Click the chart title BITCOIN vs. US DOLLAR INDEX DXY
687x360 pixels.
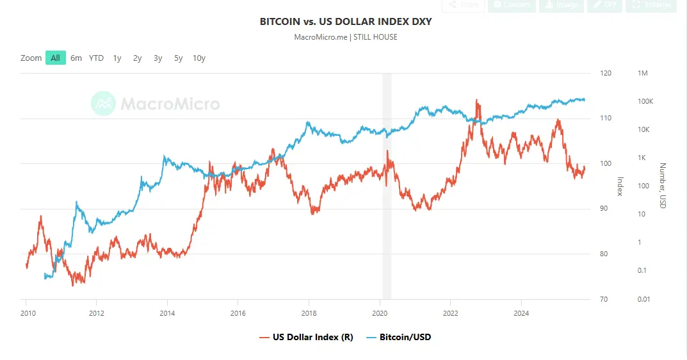pyautogui.click(x=346, y=22)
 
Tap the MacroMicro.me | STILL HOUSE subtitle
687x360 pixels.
pyautogui.click(x=346, y=37)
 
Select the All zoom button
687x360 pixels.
pyautogui.click(x=56, y=58)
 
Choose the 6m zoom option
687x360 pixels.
pyautogui.click(x=76, y=58)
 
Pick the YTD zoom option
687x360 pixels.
pyautogui.click(x=96, y=58)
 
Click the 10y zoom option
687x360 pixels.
pyautogui.click(x=199, y=58)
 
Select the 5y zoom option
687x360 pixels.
pyautogui.click(x=178, y=58)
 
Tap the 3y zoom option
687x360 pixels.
pyautogui.click(x=158, y=58)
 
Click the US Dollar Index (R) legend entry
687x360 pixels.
pyautogui.click(x=305, y=337)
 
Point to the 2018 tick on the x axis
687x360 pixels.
pyautogui.click(x=309, y=313)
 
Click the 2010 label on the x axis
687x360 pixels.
pyautogui.click(x=26, y=313)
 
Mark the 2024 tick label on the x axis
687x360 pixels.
pyautogui.click(x=521, y=313)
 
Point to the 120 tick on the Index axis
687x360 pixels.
pyautogui.click(x=605, y=74)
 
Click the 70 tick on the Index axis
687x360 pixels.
pyautogui.click(x=603, y=299)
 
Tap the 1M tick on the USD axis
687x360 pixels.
pyautogui.click(x=643, y=74)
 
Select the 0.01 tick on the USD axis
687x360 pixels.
pyautogui.click(x=643, y=299)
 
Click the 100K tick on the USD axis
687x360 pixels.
pyautogui.click(x=645, y=102)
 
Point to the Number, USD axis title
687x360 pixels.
pyautogui.click(x=664, y=185)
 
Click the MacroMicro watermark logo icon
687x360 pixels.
pyautogui.click(x=103, y=104)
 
